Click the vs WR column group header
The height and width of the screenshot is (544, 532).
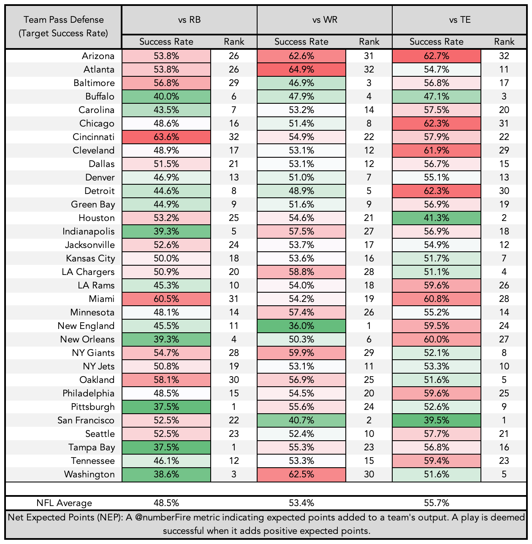tap(324, 19)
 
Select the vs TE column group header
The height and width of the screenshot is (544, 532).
tap(459, 19)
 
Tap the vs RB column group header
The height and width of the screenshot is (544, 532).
tap(189, 19)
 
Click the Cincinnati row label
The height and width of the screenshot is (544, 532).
tap(93, 137)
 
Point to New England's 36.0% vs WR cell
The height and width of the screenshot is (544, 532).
tap(301, 326)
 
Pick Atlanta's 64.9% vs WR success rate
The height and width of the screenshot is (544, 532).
tap(301, 69)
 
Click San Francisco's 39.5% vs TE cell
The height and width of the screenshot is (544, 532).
tap(436, 420)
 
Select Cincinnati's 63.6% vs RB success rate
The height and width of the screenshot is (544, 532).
tap(166, 137)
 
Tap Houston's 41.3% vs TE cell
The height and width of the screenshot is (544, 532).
tap(436, 218)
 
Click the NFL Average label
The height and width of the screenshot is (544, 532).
tap(64, 503)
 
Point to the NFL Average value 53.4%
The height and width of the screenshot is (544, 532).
tap(301, 503)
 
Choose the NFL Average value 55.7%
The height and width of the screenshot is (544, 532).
tap(436, 503)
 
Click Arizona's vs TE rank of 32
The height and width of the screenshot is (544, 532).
tap(504, 56)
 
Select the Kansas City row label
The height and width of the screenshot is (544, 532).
tap(90, 259)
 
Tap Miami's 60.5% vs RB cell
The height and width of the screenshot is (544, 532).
tap(166, 299)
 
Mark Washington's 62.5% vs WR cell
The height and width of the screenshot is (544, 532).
tap(301, 474)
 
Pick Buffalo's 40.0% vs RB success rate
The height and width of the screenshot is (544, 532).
tap(166, 97)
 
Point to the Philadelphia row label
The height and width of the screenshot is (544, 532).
tap(88, 393)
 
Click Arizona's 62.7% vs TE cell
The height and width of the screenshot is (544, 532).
tap(436, 56)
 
